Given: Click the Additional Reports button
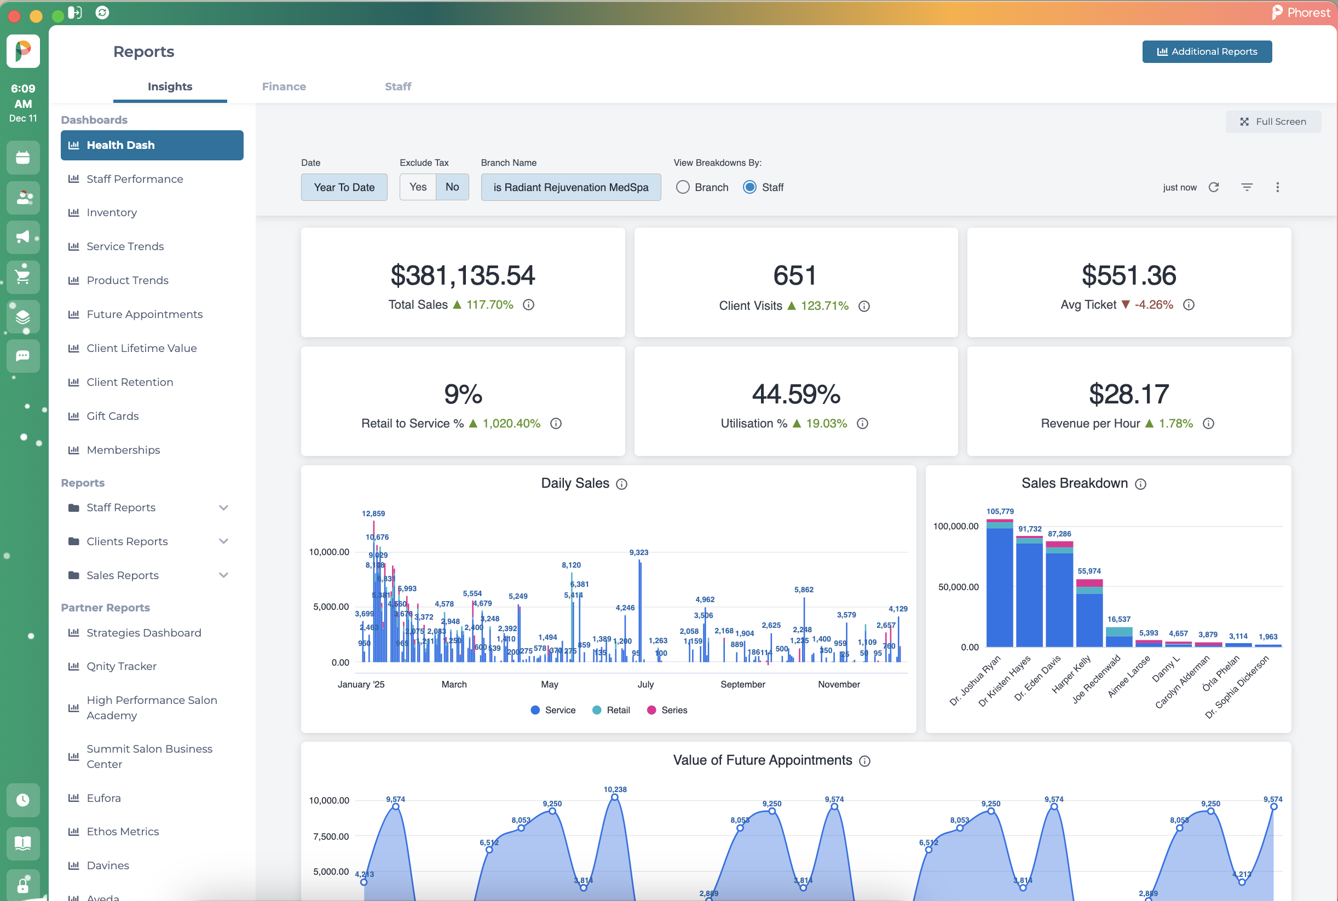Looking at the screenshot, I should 1207,51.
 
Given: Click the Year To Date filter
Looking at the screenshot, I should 344,187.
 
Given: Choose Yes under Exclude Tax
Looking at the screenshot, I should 418,187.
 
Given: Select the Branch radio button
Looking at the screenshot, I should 683,187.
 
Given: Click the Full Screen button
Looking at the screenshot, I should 1273,122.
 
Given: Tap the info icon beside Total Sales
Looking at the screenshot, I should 528,305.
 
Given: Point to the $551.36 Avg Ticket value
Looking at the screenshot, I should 1128,276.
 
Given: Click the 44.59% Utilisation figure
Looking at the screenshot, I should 795,395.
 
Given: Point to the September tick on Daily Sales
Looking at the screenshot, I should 742,684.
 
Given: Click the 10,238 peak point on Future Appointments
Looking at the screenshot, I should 615,798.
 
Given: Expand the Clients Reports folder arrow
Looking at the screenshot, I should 223,541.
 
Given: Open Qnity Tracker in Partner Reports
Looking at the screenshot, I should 122,667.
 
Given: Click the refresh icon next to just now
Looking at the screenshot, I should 1213,187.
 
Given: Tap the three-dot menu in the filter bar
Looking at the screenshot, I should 1277,187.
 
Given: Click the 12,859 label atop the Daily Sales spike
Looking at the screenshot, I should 373,513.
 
